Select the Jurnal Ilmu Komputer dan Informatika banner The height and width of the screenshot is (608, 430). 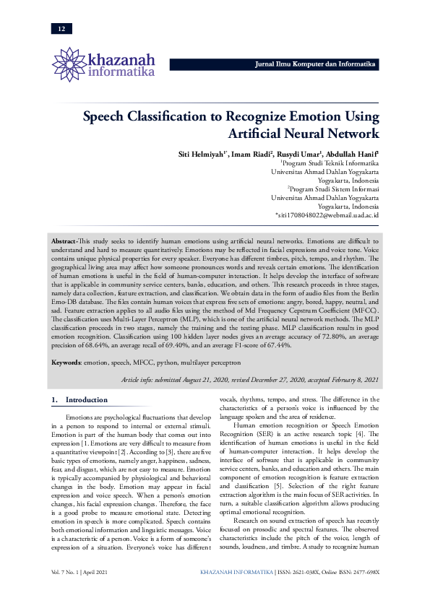[316, 64]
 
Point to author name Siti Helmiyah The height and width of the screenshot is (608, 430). [203, 155]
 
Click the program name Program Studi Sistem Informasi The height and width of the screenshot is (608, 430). [335, 188]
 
